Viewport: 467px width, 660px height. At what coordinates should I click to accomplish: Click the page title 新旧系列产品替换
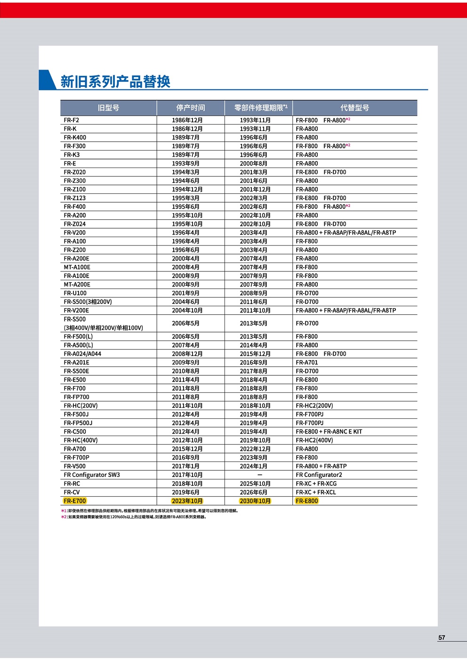click(x=115, y=81)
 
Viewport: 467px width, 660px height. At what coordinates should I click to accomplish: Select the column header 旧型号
click(x=108, y=108)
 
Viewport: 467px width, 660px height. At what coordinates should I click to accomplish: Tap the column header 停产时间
click(x=190, y=108)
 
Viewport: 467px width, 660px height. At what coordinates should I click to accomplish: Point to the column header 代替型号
click(x=354, y=108)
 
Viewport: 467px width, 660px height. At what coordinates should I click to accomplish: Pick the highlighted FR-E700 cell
click(x=75, y=501)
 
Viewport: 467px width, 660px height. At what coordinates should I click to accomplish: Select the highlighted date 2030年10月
click(x=255, y=501)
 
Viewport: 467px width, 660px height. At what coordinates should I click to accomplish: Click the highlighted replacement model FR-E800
click(x=307, y=501)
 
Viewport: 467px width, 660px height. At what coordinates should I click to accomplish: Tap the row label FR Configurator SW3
click(x=92, y=475)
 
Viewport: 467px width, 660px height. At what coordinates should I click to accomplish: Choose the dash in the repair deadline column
click(x=259, y=475)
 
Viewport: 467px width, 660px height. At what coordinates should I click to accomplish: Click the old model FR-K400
click(x=75, y=137)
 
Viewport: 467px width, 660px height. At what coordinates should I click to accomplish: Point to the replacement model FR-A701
click(x=307, y=363)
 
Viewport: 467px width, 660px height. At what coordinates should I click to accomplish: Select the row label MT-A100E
click(x=77, y=267)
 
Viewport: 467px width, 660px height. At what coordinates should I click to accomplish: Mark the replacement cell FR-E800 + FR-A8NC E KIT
click(x=329, y=432)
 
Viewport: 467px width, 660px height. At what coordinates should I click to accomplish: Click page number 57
click(x=442, y=638)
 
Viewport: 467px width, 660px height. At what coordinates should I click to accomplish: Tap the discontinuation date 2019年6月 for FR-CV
click(x=185, y=493)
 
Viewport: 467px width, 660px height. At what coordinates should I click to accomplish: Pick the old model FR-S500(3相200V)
click(x=88, y=302)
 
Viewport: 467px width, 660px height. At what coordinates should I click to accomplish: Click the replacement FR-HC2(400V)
click(x=314, y=440)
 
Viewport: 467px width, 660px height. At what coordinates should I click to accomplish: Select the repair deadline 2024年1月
click(x=253, y=467)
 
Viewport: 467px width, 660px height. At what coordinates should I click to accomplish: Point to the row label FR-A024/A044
click(x=82, y=354)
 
